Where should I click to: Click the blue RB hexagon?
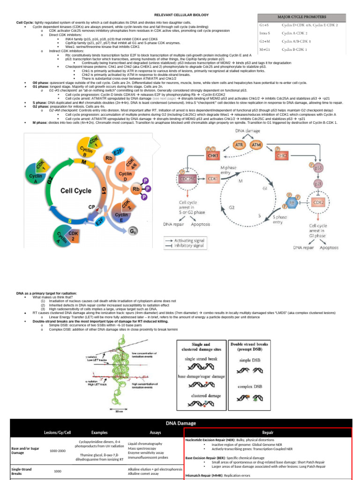(x=292, y=202)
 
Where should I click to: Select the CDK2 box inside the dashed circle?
(x=317, y=202)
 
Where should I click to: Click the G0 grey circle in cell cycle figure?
(x=134, y=231)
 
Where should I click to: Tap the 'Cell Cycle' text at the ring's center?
(x=78, y=191)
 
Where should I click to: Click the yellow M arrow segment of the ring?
(x=85, y=162)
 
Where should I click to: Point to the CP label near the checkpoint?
(x=92, y=206)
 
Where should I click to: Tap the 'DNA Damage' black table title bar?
(x=180, y=423)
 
